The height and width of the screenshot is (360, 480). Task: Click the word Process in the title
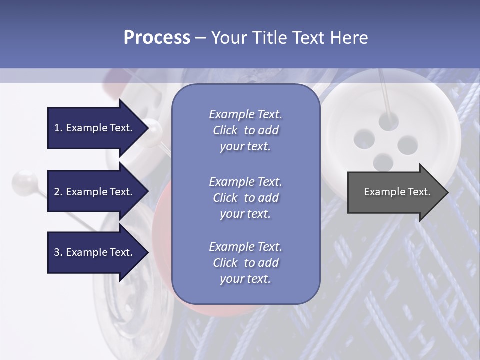[157, 38]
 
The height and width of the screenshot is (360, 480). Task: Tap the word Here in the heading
[348, 38]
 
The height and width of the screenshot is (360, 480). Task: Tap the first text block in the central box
[245, 130]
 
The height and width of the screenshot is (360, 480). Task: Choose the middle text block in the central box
[245, 198]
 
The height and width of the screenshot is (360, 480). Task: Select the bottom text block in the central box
[245, 263]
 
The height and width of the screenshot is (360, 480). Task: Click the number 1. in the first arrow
[58, 128]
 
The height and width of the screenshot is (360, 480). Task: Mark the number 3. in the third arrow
[58, 252]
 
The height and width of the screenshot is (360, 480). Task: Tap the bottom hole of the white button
[383, 161]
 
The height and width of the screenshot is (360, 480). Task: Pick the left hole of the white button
[365, 138]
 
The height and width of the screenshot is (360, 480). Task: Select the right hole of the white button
[407, 144]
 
